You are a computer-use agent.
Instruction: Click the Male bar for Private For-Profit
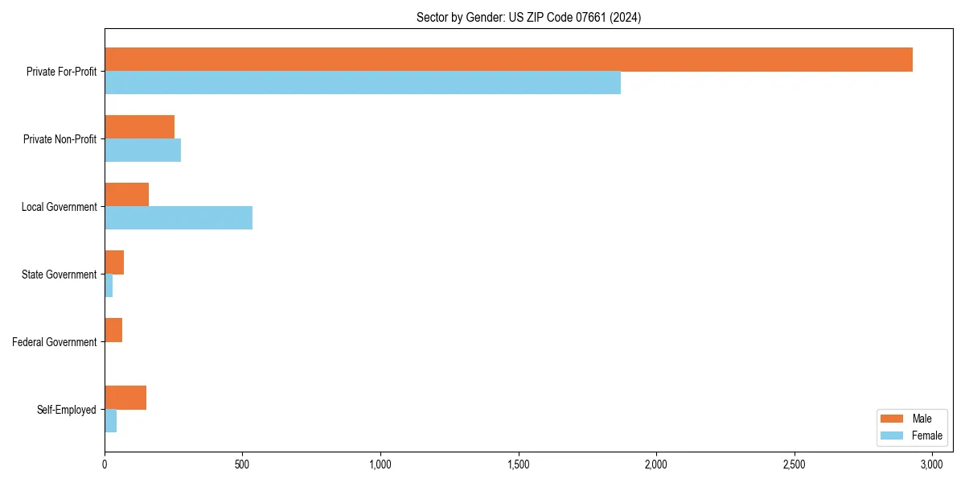pyautogui.click(x=508, y=60)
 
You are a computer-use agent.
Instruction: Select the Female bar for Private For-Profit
pyautogui.click(x=363, y=83)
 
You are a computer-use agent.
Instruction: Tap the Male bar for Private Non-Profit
pyautogui.click(x=139, y=127)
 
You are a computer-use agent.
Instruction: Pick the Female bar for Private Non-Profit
pyautogui.click(x=142, y=151)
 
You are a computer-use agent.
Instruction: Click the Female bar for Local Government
pyautogui.click(x=179, y=218)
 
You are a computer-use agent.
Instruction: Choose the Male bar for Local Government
pyautogui.click(x=126, y=195)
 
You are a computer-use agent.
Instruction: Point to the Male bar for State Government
pyautogui.click(x=114, y=262)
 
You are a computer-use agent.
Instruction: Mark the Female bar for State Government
pyautogui.click(x=109, y=286)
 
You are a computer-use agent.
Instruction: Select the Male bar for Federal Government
pyautogui.click(x=113, y=330)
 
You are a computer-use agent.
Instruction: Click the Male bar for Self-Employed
pyautogui.click(x=125, y=398)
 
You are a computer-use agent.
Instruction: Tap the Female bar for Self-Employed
pyautogui.click(x=111, y=421)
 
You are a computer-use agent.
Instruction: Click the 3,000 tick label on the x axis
pyautogui.click(x=932, y=465)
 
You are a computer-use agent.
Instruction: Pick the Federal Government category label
pyautogui.click(x=55, y=342)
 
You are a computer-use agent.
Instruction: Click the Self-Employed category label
pyautogui.click(x=67, y=410)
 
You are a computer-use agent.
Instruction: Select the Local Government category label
pyautogui.click(x=60, y=207)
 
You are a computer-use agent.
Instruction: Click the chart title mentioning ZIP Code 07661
pyautogui.click(x=528, y=17)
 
